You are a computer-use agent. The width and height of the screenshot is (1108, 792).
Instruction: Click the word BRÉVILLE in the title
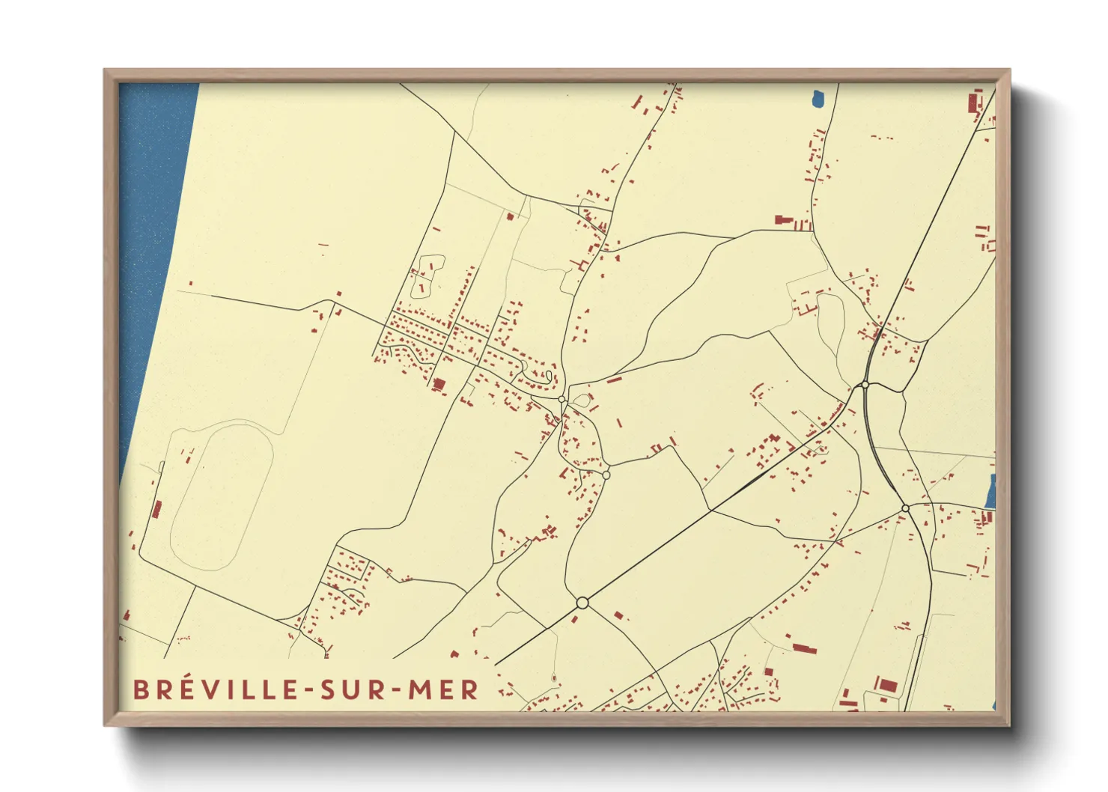click(x=218, y=689)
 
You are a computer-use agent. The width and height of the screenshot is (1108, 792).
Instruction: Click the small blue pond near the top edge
click(x=817, y=98)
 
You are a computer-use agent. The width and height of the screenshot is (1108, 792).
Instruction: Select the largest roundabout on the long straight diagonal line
click(x=582, y=603)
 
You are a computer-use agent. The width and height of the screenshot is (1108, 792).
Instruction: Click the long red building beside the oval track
click(x=156, y=510)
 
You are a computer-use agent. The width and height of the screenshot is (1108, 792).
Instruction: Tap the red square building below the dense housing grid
click(x=439, y=385)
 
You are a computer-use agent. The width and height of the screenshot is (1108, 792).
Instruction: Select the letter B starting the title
click(x=140, y=689)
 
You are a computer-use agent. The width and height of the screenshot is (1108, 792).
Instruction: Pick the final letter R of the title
click(x=469, y=689)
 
